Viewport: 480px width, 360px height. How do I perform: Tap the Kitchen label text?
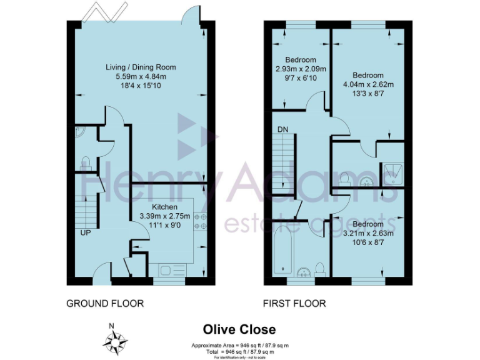click(x=165, y=207)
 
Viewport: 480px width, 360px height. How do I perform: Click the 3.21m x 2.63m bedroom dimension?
click(x=368, y=233)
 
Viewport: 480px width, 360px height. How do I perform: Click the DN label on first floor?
click(x=282, y=129)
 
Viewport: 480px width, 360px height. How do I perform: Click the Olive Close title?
click(x=239, y=329)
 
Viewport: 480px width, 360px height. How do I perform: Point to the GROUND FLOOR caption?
click(x=105, y=303)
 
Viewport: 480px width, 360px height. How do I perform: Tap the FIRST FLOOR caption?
click(x=294, y=303)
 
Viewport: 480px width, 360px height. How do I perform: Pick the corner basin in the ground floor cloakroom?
click(x=78, y=132)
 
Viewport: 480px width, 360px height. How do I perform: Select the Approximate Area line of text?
click(x=239, y=345)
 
